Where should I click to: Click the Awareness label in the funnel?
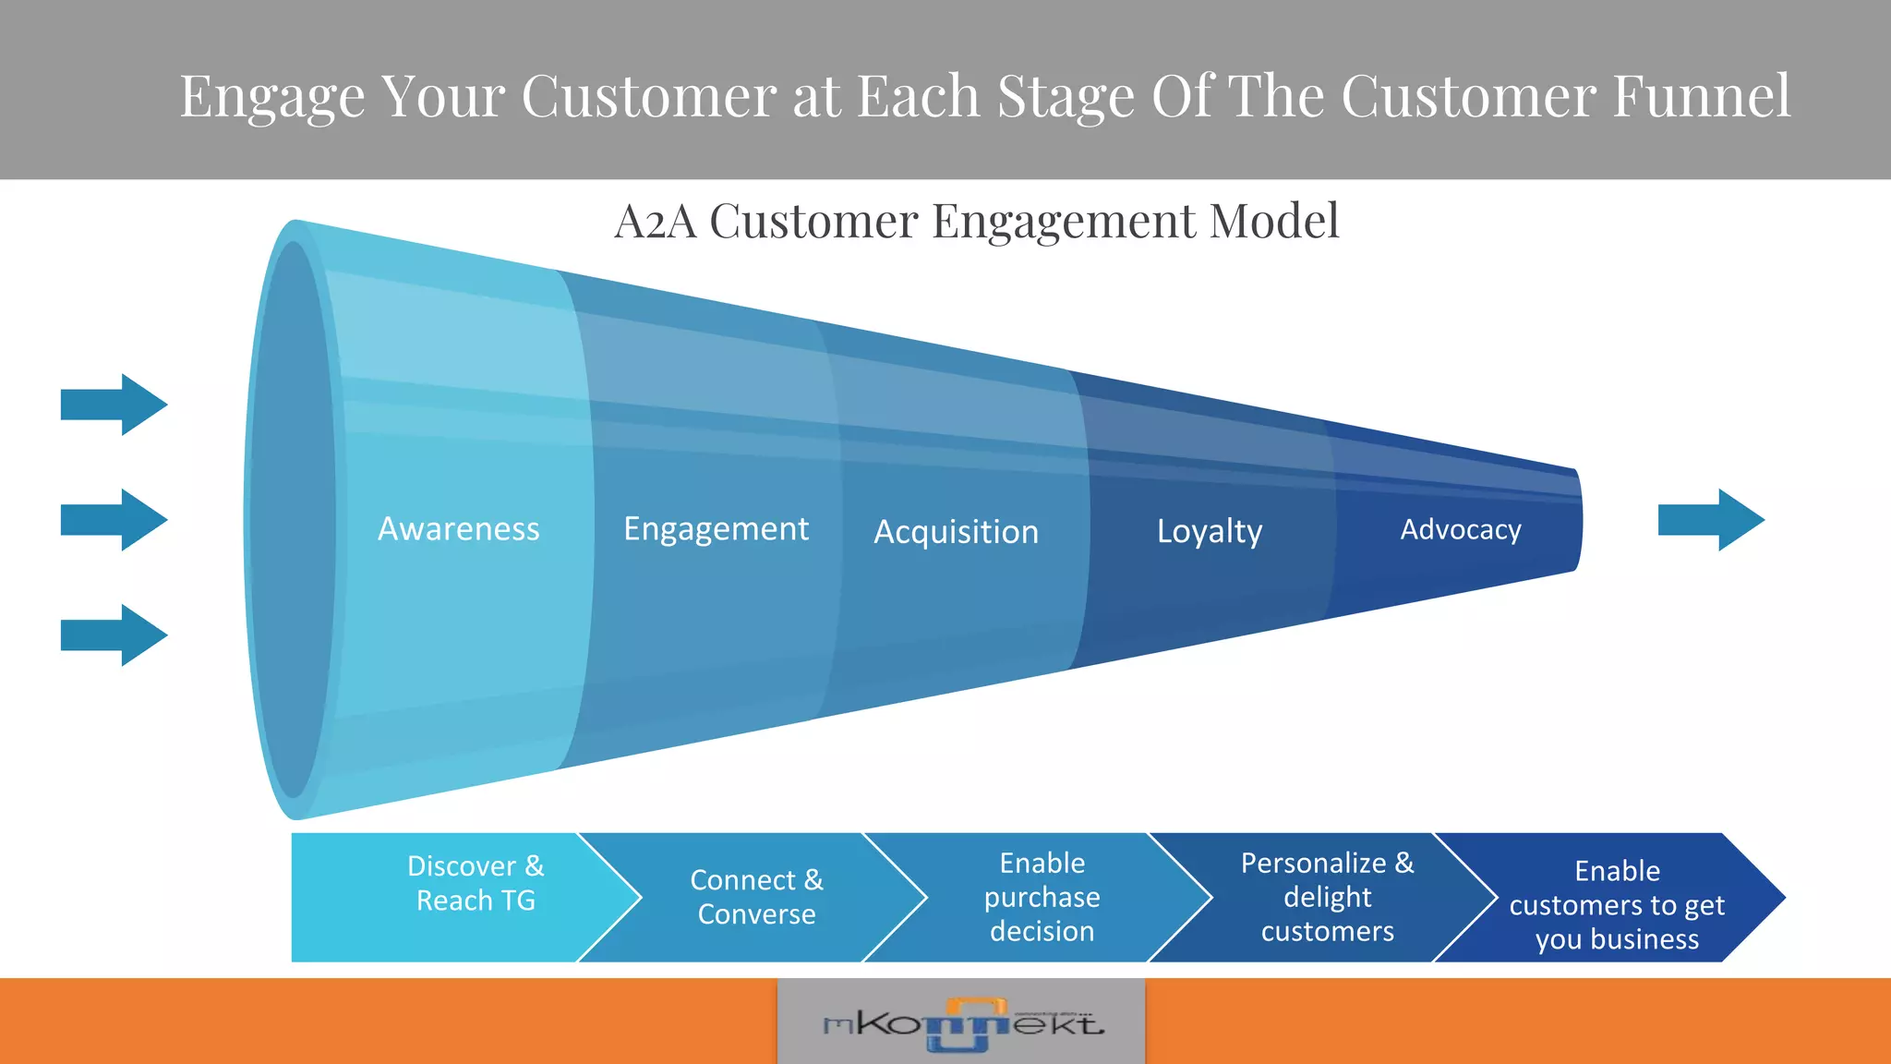tap(459, 529)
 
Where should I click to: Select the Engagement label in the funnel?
tap(716, 529)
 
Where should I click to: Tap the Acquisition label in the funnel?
tap(956, 532)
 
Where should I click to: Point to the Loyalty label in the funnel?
tap(1210, 531)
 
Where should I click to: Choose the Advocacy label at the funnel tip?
tap(1460, 529)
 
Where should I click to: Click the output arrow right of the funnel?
tap(1711, 520)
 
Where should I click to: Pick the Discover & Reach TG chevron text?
tap(476, 883)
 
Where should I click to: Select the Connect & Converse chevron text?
tap(756, 897)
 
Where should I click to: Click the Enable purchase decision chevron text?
tap(1042, 897)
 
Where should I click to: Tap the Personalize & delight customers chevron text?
tap(1327, 897)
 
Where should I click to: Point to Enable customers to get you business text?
tap(1617, 905)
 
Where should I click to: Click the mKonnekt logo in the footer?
tap(962, 1023)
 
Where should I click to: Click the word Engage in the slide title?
tap(272, 97)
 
